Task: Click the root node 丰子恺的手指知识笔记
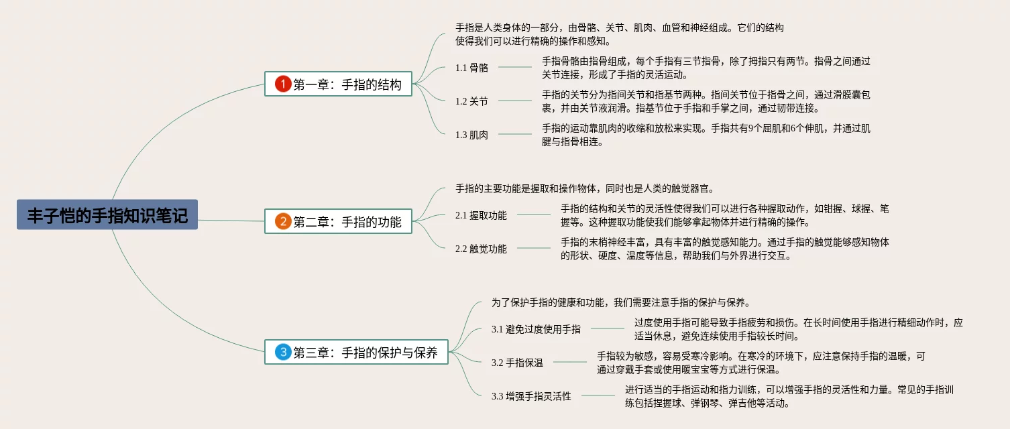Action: pyautogui.click(x=107, y=214)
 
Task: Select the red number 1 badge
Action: pyautogui.click(x=283, y=84)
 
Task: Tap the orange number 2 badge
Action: pyautogui.click(x=283, y=221)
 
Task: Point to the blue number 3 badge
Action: pyautogui.click(x=283, y=352)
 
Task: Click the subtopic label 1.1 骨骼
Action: pyautogui.click(x=471, y=67)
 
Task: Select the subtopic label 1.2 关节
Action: pyautogui.click(x=471, y=101)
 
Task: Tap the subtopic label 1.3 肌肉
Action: pyautogui.click(x=471, y=135)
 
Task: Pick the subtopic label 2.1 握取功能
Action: pyautogui.click(x=481, y=215)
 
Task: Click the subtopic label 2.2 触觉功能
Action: pyautogui.click(x=481, y=249)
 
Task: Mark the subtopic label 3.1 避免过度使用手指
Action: pyautogui.click(x=536, y=329)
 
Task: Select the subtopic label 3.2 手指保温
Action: pyautogui.click(x=517, y=363)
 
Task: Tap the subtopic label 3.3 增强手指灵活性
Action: pyautogui.click(x=531, y=396)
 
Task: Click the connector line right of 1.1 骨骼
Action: pyautogui.click(x=514, y=67)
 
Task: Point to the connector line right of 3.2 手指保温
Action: pyautogui.click(x=569, y=362)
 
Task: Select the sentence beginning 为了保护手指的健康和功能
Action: pyautogui.click(x=620, y=302)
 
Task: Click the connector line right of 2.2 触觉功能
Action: pyautogui.click(x=533, y=248)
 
